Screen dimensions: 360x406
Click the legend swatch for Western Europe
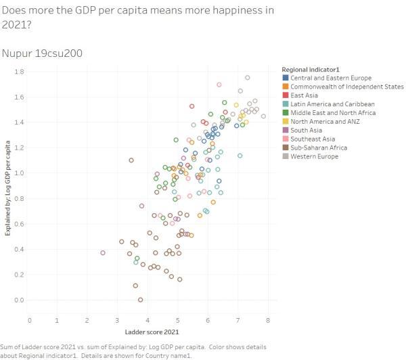[285, 156]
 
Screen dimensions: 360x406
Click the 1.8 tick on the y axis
[20, 72]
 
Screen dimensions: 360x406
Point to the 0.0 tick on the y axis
[20, 300]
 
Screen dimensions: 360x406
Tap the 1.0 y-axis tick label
[20, 173]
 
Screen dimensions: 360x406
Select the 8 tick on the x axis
[268, 320]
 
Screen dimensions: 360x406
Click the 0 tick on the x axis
[30, 320]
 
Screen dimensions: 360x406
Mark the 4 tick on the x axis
[149, 320]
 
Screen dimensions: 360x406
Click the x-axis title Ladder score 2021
[152, 332]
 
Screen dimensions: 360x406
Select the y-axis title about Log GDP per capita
[7, 187]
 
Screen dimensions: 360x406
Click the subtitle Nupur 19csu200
[42, 53]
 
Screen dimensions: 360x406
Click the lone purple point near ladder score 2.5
[103, 253]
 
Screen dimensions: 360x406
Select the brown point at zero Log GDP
[140, 300]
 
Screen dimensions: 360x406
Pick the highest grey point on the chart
[248, 78]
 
